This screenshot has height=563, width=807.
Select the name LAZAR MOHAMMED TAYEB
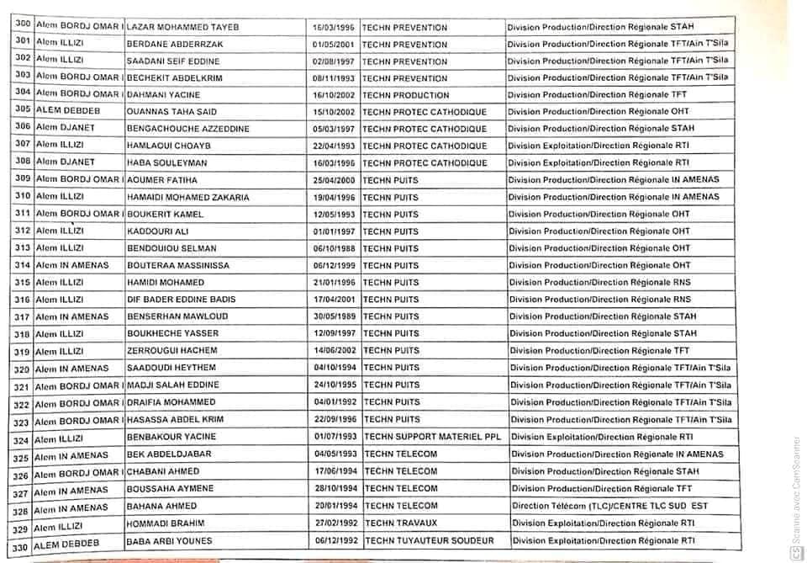click(x=182, y=28)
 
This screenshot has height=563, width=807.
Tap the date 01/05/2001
click(x=333, y=45)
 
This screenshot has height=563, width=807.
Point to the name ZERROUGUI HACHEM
click(x=171, y=351)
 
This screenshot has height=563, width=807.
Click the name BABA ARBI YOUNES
click(x=169, y=540)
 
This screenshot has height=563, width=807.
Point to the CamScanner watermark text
click(x=794, y=497)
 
